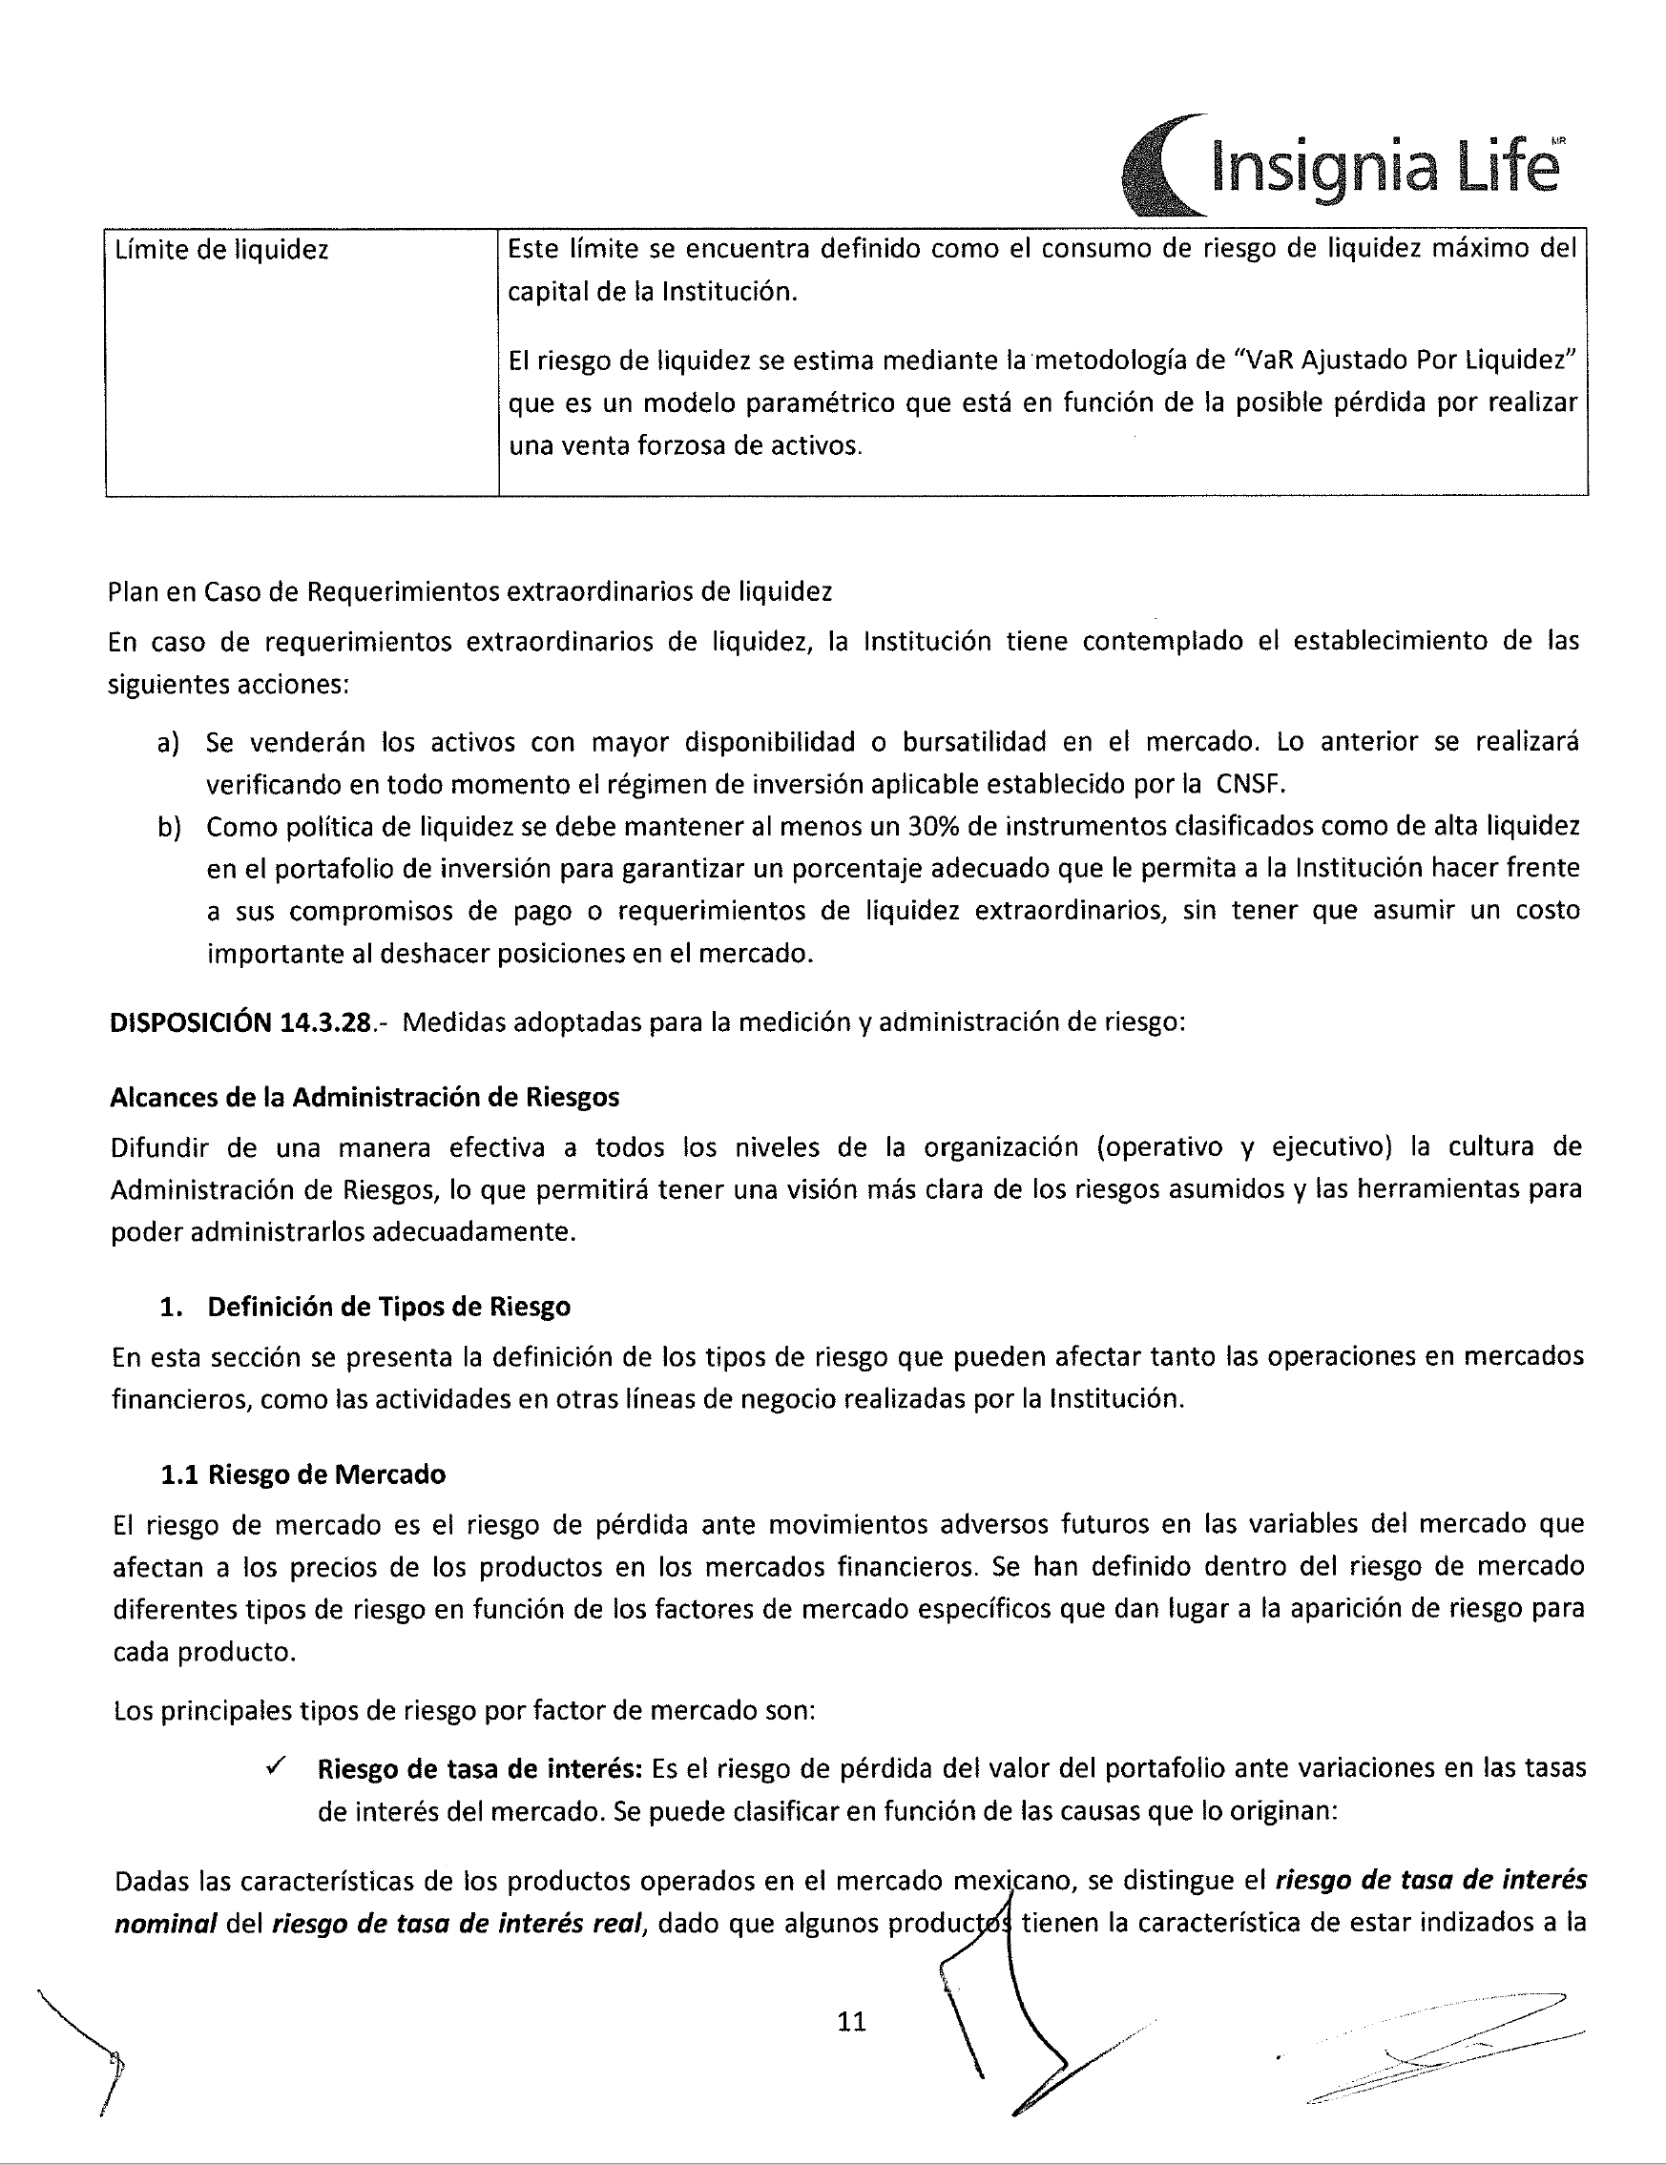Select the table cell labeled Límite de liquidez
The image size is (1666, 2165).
point(222,250)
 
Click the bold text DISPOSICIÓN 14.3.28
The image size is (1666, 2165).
point(241,1022)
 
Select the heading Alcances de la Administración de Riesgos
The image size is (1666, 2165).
point(364,1097)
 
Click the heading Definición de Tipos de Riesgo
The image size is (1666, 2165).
point(387,1307)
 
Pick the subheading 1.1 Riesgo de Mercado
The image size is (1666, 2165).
point(302,1474)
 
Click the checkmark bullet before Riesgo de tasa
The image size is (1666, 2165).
point(278,1766)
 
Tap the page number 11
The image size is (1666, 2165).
point(852,2021)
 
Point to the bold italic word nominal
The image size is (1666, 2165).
point(165,1924)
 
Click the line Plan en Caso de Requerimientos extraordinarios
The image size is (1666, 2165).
point(470,592)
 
